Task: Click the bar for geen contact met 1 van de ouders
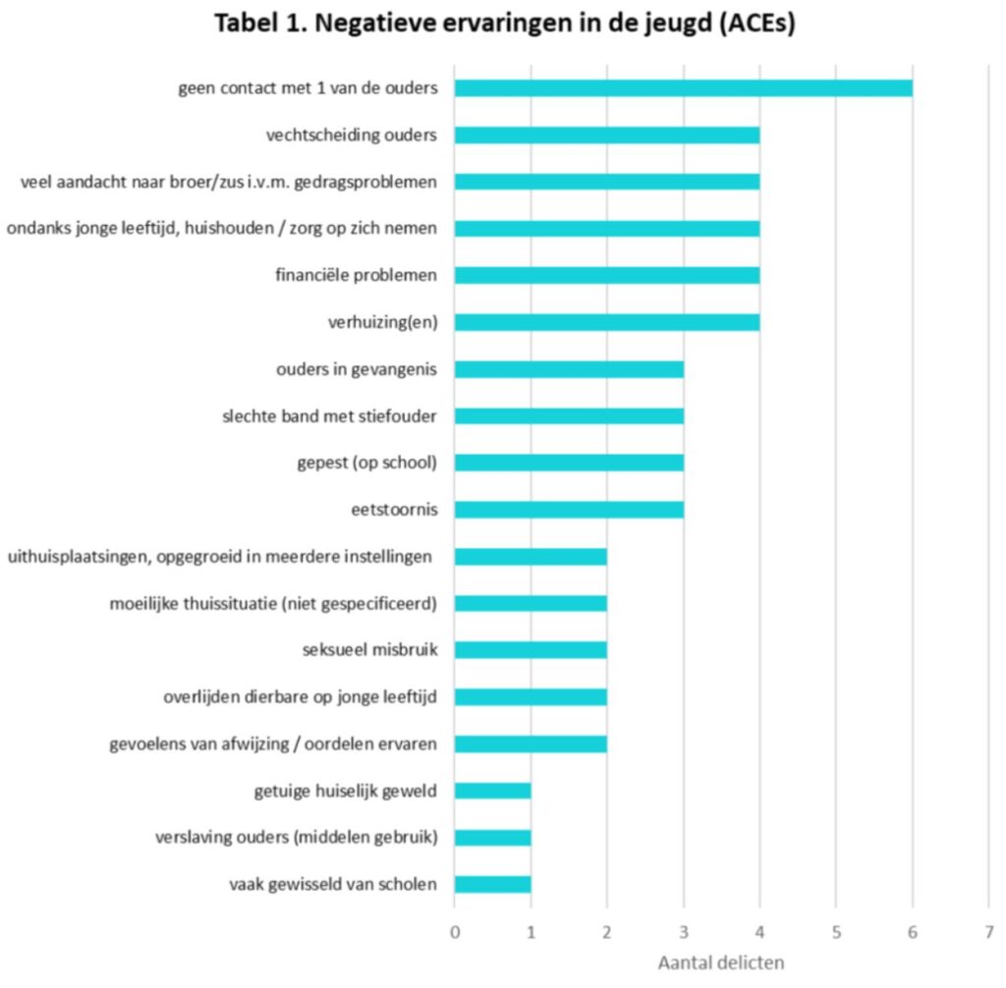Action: tap(683, 88)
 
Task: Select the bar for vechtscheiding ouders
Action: tap(606, 135)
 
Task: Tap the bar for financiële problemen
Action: tap(606, 275)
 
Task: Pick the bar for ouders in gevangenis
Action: tap(569, 369)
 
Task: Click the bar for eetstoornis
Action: tap(569, 510)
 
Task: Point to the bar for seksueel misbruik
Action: tap(531, 649)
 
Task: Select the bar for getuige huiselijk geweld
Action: tap(492, 791)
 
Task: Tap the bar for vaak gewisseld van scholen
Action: tap(492, 884)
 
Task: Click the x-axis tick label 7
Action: tap(987, 930)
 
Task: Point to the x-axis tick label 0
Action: tap(455, 930)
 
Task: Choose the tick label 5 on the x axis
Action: tap(835, 930)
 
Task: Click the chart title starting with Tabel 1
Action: tap(504, 25)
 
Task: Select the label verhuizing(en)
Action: tap(382, 322)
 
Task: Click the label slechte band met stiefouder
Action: tap(330, 416)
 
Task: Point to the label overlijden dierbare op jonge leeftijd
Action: tap(300, 697)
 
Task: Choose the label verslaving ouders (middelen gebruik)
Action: tap(296, 838)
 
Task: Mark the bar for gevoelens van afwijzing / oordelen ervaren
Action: tap(531, 743)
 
